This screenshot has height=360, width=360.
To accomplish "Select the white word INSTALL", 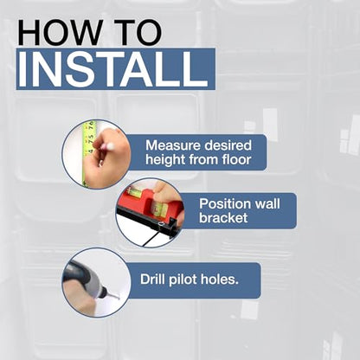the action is click(x=113, y=69).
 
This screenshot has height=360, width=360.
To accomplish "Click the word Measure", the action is click(x=168, y=145).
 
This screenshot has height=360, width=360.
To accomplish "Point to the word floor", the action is click(x=236, y=159).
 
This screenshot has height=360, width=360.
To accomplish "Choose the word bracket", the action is click(x=223, y=218).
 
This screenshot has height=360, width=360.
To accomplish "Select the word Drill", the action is click(x=152, y=280).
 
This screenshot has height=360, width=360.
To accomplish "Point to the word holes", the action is click(x=220, y=280).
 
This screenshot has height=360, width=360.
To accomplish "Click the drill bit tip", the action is click(x=119, y=298).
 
